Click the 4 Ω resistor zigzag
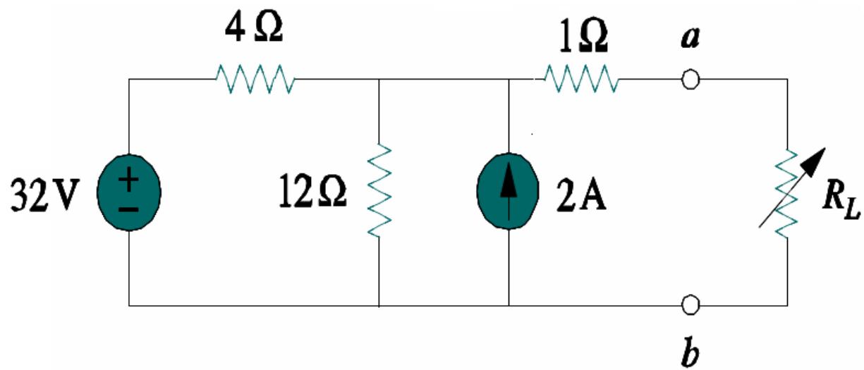point(255,79)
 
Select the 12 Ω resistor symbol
point(379,191)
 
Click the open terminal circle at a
point(691,80)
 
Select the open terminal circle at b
point(691,305)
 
